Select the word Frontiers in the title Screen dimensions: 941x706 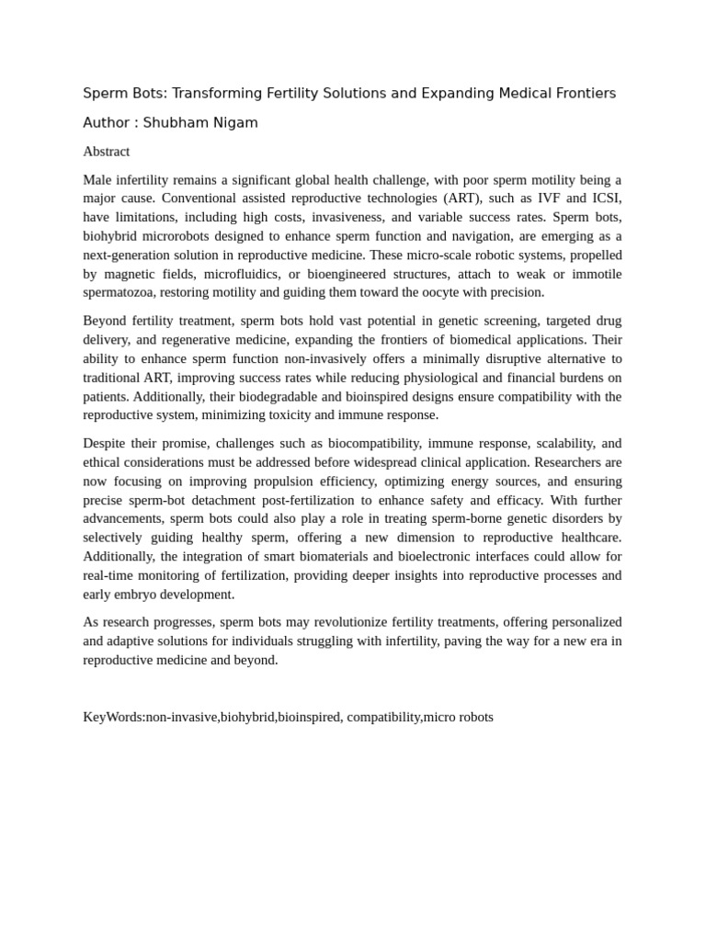click(x=584, y=93)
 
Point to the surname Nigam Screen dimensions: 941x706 click(x=236, y=122)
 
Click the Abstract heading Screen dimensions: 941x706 click(x=106, y=152)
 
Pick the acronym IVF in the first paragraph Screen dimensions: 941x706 click(x=551, y=198)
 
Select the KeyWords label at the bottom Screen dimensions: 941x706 click(x=113, y=717)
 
